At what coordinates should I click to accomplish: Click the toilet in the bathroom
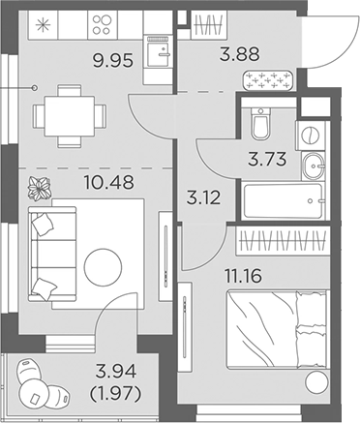coord(257,124)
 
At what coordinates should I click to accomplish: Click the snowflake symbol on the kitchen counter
coord(45,23)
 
